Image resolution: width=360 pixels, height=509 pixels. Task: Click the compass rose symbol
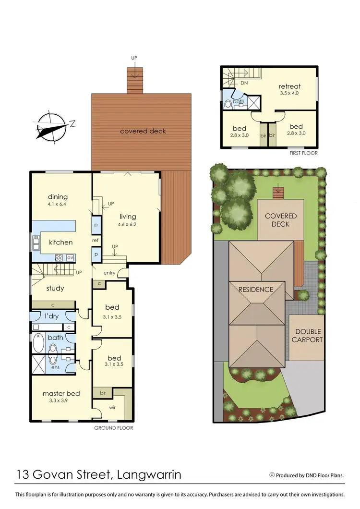click(51, 127)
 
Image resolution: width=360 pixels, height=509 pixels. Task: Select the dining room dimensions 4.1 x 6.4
click(58, 204)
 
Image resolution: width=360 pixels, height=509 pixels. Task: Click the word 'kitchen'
click(60, 242)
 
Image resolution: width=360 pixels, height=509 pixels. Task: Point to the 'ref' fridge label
click(96, 240)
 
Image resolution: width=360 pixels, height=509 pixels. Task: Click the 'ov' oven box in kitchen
click(70, 257)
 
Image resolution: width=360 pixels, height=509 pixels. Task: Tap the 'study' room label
click(55, 288)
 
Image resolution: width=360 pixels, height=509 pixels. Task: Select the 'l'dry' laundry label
click(52, 316)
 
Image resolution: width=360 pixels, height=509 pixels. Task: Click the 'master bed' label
click(61, 393)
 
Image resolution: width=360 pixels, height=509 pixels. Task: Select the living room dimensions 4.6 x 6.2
click(127, 224)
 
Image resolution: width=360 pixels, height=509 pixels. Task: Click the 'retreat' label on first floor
click(289, 86)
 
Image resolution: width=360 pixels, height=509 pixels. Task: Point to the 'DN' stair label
click(244, 83)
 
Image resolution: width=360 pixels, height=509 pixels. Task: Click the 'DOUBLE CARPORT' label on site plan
click(308, 336)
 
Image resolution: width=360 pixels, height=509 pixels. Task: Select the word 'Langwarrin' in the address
click(149, 475)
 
